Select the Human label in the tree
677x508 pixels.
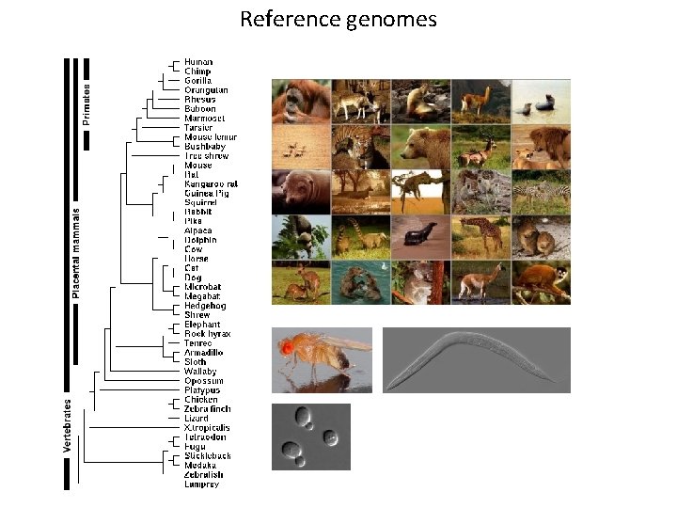tap(197, 62)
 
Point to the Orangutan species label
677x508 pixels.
tap(205, 90)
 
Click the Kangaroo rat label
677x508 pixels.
tap(211, 183)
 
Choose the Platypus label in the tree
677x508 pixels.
tap(202, 390)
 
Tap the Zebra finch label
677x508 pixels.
tap(207, 409)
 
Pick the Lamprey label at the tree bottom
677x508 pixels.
tap(201, 484)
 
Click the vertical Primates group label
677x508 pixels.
tap(87, 103)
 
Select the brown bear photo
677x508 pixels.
tap(420, 146)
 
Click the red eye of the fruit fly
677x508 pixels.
tap(286, 349)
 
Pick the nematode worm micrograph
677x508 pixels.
tap(476, 359)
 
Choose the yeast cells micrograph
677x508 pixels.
tap(310, 437)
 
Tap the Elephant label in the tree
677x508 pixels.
tap(202, 325)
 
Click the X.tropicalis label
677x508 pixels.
tap(207, 428)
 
